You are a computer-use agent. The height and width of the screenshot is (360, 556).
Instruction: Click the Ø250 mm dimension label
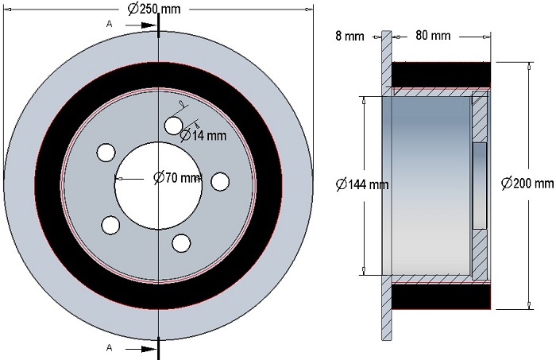pyautogui.click(x=154, y=9)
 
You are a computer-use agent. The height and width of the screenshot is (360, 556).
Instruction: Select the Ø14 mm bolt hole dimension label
pyautogui.click(x=203, y=135)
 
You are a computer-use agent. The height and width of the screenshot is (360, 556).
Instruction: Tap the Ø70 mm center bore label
pyautogui.click(x=177, y=177)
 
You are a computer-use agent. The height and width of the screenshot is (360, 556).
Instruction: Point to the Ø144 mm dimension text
pyautogui.click(x=362, y=184)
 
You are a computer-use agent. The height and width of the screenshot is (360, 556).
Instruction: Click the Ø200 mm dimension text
pyautogui.click(x=527, y=183)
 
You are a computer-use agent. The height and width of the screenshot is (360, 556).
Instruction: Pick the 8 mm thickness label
pyautogui.click(x=349, y=36)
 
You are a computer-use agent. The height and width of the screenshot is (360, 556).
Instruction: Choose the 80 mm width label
pyautogui.click(x=433, y=35)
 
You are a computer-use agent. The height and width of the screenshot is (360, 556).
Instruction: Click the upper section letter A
pyautogui.click(x=110, y=24)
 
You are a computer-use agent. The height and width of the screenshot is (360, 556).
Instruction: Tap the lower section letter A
pyautogui.click(x=110, y=347)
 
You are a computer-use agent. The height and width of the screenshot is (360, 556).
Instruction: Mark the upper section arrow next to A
pyautogui.click(x=141, y=25)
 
